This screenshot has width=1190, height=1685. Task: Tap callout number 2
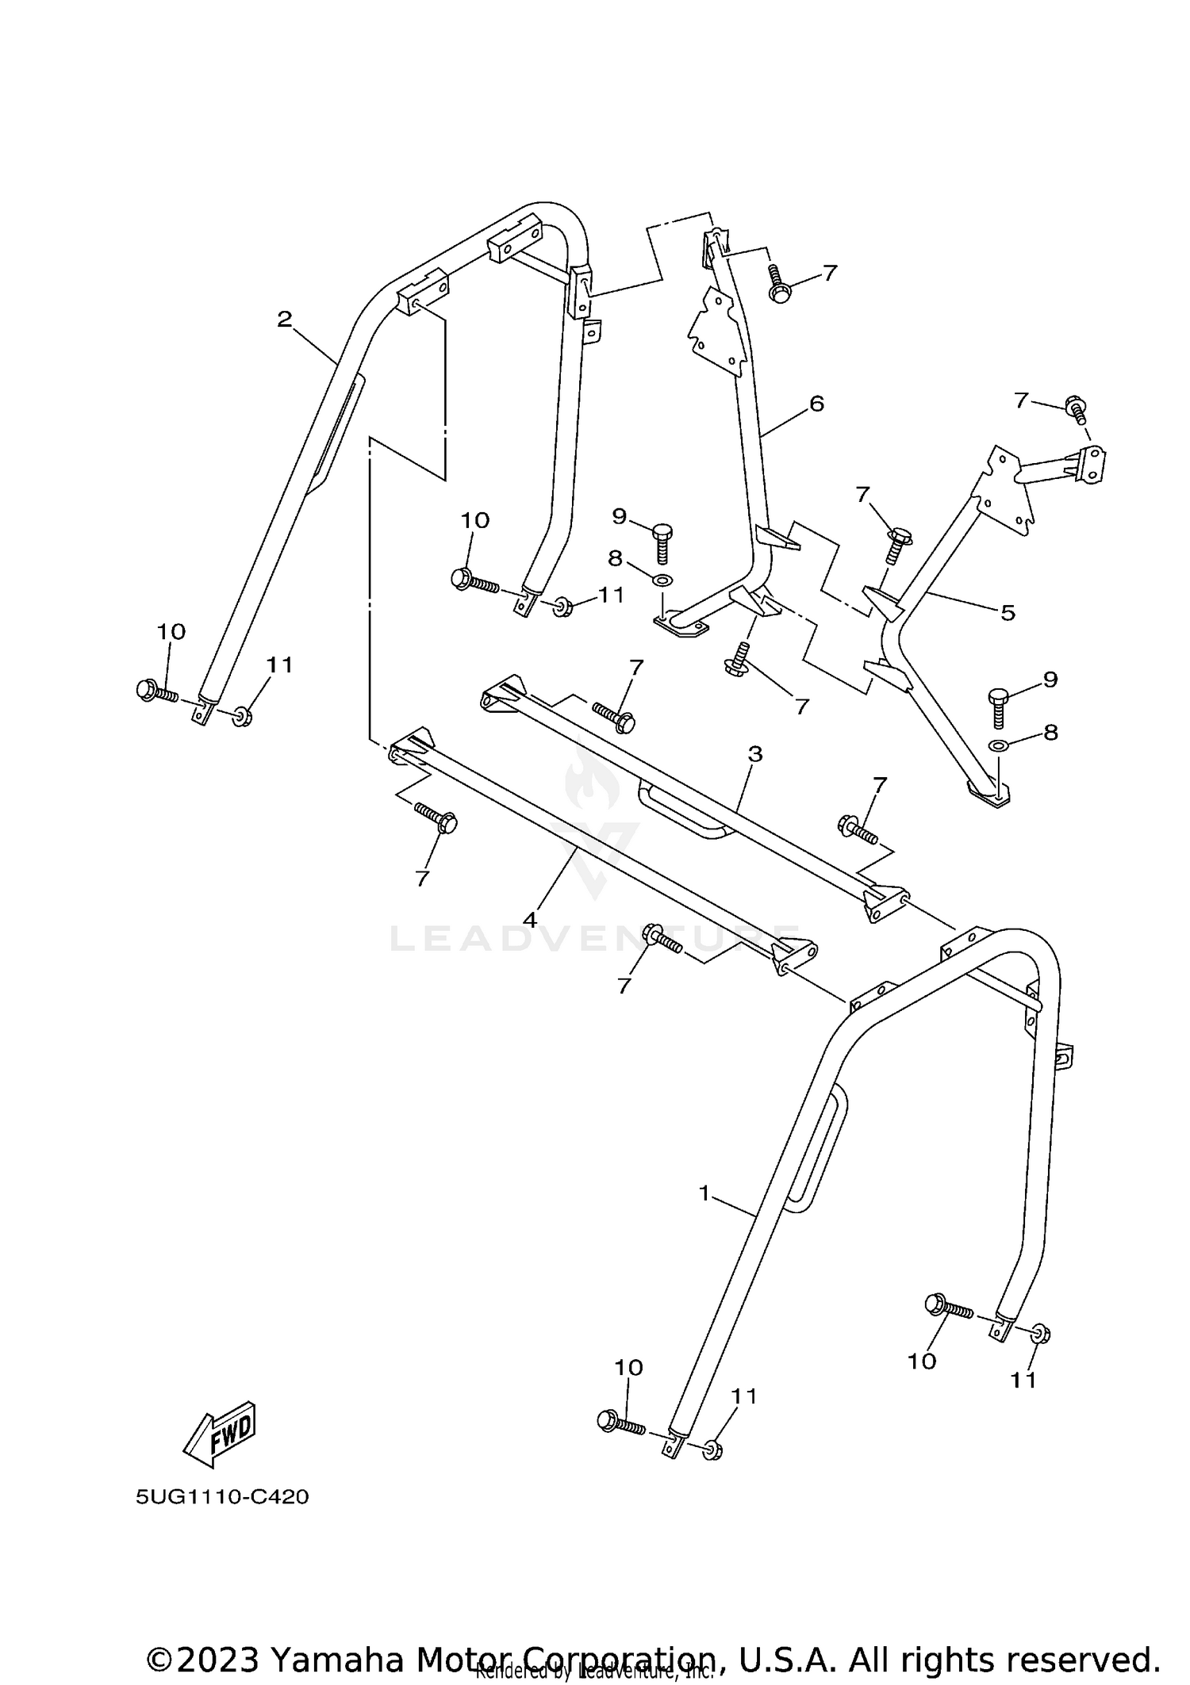[x=285, y=320]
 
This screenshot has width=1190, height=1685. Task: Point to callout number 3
[x=754, y=754]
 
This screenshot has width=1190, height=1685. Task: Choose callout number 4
[x=530, y=919]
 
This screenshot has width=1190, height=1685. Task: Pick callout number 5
[x=1008, y=612]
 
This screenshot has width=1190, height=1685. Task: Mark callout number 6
[x=816, y=404]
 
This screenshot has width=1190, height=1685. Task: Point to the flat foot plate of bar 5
[x=988, y=793]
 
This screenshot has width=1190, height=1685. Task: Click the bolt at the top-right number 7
[x=1077, y=409]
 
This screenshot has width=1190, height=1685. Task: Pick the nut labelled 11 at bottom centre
[x=712, y=1449]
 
